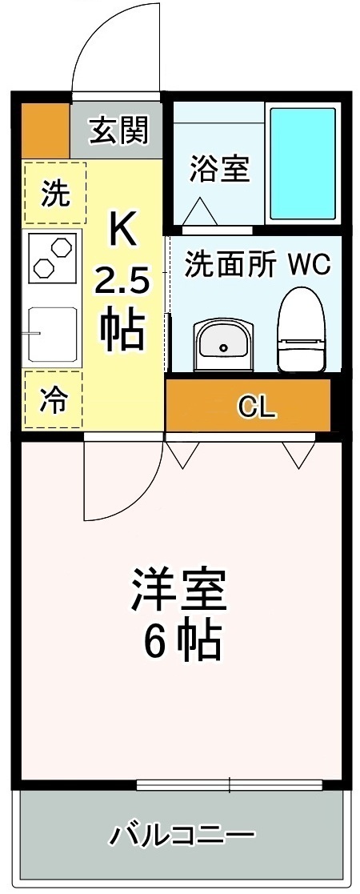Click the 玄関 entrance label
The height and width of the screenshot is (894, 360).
pos(119,130)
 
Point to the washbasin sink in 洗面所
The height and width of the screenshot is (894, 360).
pos(223,343)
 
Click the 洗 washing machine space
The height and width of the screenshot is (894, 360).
pos(54,193)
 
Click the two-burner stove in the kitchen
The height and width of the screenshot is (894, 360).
pos(53,256)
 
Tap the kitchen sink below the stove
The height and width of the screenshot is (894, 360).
pos(53,334)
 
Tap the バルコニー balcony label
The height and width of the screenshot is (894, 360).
pos(181,838)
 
